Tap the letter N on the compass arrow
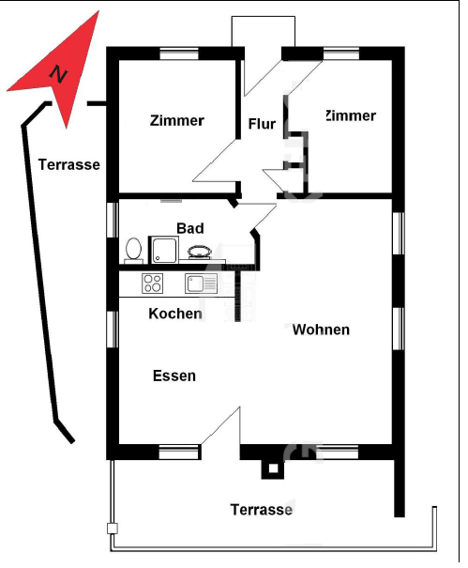click(x=58, y=74)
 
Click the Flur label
click(x=262, y=124)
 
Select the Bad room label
click(x=190, y=228)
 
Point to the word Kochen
click(x=175, y=314)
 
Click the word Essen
click(x=174, y=376)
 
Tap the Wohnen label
click(x=321, y=330)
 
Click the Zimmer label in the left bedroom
click(x=177, y=120)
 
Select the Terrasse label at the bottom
click(x=262, y=510)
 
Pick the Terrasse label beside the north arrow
click(x=69, y=165)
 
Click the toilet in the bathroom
click(x=133, y=251)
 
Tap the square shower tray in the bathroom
click(x=163, y=250)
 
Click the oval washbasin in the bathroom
click(x=200, y=252)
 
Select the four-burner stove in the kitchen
click(x=152, y=284)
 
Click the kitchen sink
click(x=202, y=284)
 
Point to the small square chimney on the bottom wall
click(x=273, y=469)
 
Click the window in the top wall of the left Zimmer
click(x=179, y=54)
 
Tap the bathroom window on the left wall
click(x=113, y=221)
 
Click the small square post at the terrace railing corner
click(x=113, y=529)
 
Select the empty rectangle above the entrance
click(x=264, y=32)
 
